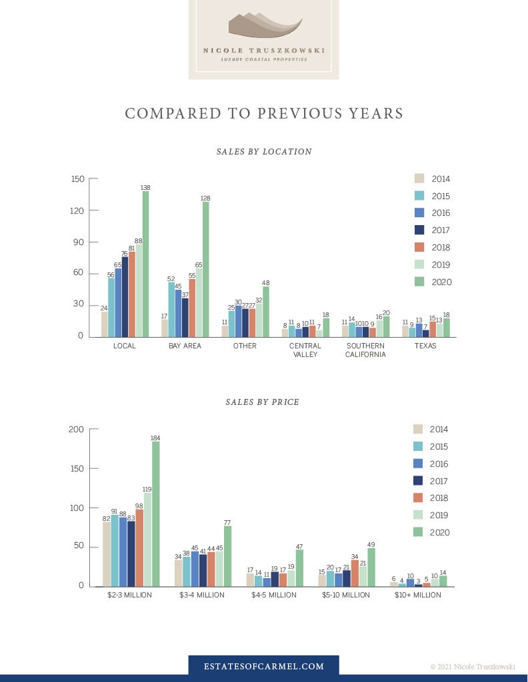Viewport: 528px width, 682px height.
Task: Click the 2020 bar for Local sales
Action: point(145,264)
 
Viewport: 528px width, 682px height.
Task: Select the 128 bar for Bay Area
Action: point(205,269)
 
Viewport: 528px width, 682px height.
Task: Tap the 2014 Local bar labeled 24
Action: point(105,324)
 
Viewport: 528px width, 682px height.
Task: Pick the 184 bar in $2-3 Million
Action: point(155,514)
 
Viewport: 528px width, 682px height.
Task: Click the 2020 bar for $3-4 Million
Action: point(227,556)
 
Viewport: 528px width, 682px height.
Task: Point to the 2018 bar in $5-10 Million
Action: point(355,573)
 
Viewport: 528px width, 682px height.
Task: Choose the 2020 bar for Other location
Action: point(265,312)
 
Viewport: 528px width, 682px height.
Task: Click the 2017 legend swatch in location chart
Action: point(419,230)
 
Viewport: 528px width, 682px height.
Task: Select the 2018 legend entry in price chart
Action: point(431,498)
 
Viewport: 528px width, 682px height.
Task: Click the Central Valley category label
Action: point(305,350)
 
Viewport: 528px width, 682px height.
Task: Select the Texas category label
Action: point(425,346)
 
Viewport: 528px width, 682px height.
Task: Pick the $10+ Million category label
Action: point(418,595)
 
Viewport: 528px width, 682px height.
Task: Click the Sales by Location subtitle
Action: point(264,152)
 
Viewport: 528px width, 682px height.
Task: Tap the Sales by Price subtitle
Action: point(263,402)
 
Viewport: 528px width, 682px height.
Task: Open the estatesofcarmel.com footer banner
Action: point(264,666)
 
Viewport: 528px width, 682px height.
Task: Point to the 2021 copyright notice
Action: point(473,667)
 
